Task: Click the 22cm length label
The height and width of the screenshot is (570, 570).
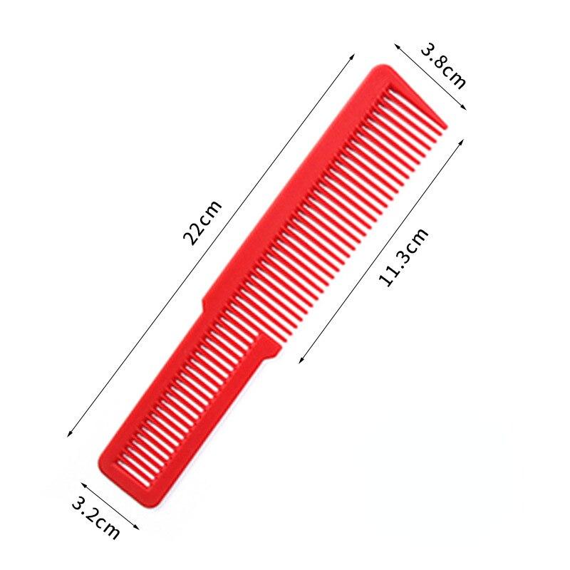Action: click(203, 222)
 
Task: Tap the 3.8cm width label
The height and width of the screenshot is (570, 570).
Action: click(443, 66)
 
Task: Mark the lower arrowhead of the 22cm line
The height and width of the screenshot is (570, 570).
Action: click(68, 435)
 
